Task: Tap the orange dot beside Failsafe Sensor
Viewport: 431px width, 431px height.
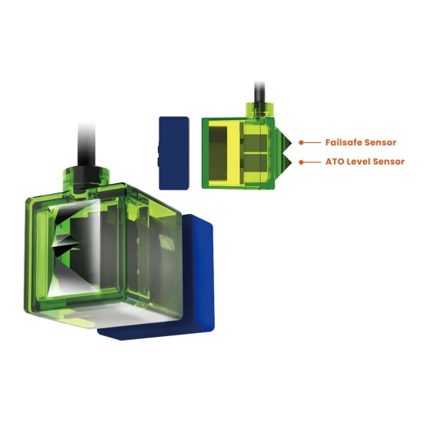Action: coord(301,143)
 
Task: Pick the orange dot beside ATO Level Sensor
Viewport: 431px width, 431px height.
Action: coord(301,162)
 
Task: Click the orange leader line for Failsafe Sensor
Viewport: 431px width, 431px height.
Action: coord(312,143)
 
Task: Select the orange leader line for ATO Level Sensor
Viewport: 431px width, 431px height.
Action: coord(312,162)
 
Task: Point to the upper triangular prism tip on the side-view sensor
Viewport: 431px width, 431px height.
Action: coord(291,143)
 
